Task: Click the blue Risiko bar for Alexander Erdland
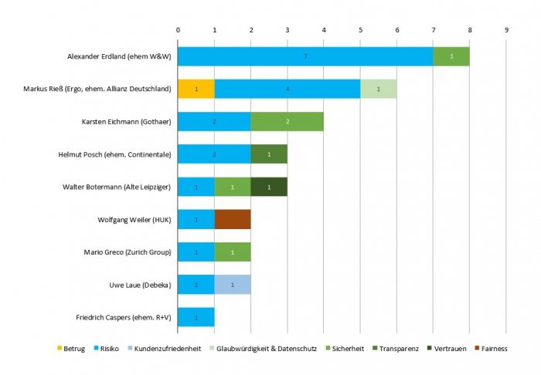tap(305, 57)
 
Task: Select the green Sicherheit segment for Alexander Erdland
tap(451, 57)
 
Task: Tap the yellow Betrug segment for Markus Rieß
tap(196, 90)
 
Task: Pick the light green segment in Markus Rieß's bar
tap(378, 90)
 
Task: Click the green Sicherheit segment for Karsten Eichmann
tap(288, 122)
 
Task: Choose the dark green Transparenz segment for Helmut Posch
tap(269, 154)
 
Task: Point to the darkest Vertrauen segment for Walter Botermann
tap(269, 187)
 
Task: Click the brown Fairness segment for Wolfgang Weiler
tap(233, 220)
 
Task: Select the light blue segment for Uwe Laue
tap(233, 285)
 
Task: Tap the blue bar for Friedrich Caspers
tap(196, 317)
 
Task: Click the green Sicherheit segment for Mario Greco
tap(233, 252)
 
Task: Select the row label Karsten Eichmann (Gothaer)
tap(126, 122)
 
